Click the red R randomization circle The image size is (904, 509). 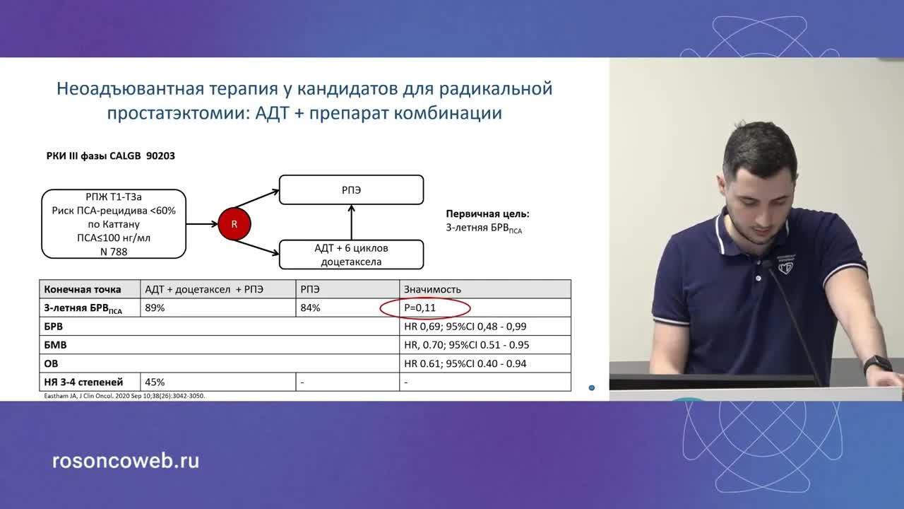234,224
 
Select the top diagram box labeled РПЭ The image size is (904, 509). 351,190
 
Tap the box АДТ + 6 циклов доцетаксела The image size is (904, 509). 351,255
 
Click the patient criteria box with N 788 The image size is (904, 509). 114,223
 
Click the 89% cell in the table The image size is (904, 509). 155,308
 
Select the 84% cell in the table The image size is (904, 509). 310,308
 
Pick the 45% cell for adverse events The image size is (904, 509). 155,382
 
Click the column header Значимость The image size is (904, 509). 432,289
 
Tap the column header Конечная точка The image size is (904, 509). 83,289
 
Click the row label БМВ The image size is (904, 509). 55,345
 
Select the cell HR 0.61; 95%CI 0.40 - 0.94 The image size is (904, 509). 465,363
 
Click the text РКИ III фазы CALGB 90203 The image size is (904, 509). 111,156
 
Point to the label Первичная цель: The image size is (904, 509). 487,213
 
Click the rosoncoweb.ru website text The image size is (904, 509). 126,461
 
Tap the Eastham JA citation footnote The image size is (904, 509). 124,396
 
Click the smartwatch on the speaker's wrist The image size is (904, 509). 877,365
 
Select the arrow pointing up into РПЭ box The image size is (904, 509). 351,222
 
